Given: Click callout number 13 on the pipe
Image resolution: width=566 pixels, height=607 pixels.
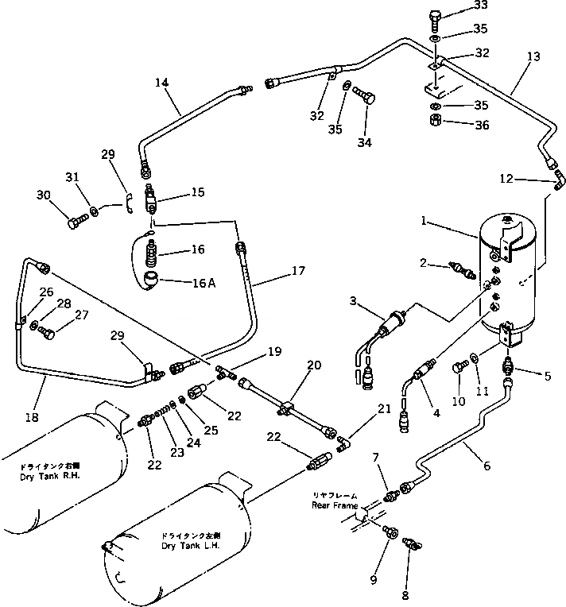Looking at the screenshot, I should coord(532,56).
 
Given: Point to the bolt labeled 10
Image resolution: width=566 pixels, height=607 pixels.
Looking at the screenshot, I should coord(459,366).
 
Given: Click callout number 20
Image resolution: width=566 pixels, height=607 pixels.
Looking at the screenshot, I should coord(315,365).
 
